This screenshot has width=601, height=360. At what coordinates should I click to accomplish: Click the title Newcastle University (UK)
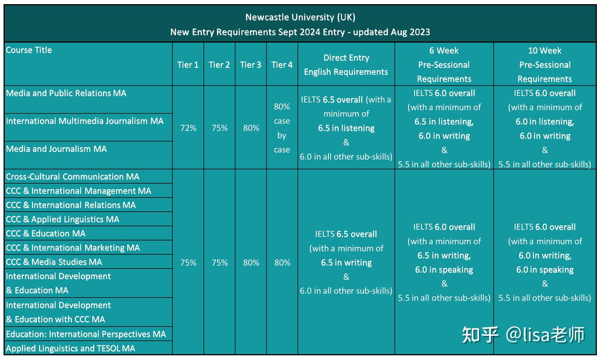click(x=300, y=17)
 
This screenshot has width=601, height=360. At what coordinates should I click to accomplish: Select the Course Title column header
click(x=29, y=50)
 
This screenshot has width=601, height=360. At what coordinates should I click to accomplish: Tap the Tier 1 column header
click(x=188, y=65)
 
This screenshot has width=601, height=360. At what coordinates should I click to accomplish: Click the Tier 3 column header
click(x=250, y=65)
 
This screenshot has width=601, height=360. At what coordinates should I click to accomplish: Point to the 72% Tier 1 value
click(x=188, y=128)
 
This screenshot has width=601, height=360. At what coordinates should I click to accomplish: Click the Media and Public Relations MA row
click(x=66, y=93)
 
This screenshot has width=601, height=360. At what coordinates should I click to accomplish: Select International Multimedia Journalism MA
click(x=85, y=121)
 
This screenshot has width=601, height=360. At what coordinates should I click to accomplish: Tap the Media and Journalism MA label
click(x=56, y=149)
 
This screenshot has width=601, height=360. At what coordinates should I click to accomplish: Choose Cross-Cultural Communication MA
click(x=73, y=177)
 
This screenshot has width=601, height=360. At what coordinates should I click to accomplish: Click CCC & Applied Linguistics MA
click(x=63, y=219)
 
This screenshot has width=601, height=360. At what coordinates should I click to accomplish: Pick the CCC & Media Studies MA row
click(x=54, y=262)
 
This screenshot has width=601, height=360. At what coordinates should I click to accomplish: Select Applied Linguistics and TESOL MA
click(x=71, y=348)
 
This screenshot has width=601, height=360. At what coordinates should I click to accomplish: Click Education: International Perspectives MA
click(x=86, y=334)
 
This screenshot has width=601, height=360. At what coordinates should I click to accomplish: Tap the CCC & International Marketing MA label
click(x=73, y=248)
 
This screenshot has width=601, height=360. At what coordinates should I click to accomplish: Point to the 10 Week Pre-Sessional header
click(x=545, y=65)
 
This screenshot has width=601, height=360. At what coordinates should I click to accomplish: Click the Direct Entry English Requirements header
click(x=346, y=65)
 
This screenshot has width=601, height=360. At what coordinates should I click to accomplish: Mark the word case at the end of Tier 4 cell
click(x=282, y=150)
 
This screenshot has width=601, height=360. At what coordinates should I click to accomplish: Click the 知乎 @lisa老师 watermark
click(x=523, y=335)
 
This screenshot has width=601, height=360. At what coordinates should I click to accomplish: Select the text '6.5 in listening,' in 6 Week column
click(x=444, y=122)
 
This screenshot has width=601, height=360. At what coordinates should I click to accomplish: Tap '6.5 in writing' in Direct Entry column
click(x=346, y=263)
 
